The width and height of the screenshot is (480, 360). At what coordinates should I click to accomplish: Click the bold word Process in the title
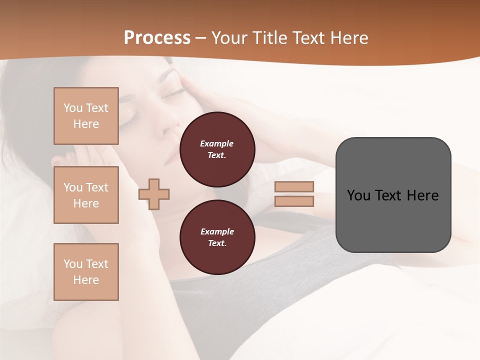point(157,38)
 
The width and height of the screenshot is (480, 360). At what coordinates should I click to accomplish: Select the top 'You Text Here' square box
point(86,116)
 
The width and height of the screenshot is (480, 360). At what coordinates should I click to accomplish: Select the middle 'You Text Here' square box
point(86,195)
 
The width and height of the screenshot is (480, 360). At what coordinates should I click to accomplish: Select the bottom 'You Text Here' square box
point(86,272)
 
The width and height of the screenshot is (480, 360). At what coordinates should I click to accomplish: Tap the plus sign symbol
point(154,194)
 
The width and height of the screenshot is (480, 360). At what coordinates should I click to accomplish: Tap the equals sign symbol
point(294,194)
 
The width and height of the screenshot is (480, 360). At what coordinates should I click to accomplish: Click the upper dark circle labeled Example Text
point(217,149)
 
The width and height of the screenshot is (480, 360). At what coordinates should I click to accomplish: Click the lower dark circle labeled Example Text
point(217,237)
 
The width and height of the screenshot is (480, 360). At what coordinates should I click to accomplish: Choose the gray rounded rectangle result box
point(393,195)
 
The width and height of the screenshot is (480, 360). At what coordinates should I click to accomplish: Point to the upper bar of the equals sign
point(294,187)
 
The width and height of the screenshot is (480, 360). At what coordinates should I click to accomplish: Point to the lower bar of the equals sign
point(294,201)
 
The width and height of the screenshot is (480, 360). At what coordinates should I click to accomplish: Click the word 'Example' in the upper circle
point(217,143)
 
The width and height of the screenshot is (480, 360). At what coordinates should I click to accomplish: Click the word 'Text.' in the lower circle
point(217,243)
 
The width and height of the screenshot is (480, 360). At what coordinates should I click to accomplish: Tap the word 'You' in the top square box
point(73,108)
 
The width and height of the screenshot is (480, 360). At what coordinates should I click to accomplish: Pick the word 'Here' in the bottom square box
point(86,280)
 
